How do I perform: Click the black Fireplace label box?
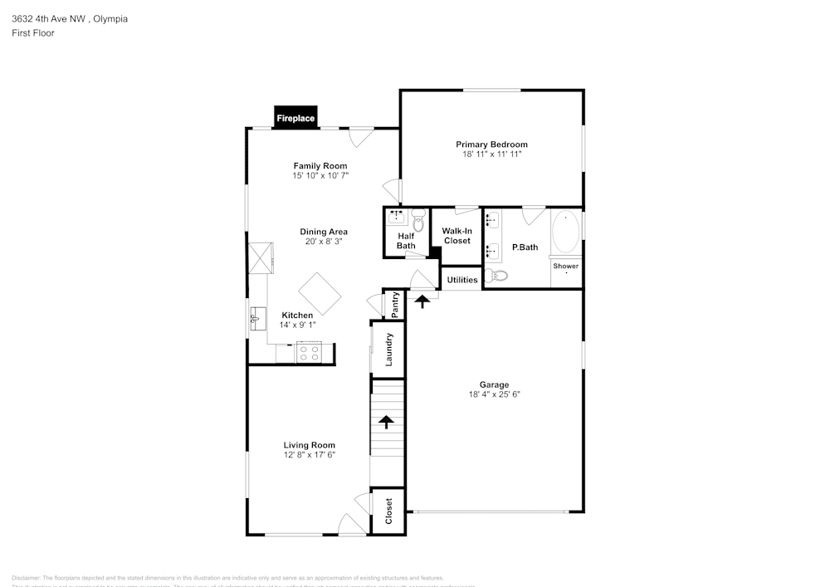click(x=295, y=119)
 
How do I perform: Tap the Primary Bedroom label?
click(x=491, y=144)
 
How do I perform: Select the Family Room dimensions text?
click(x=320, y=176)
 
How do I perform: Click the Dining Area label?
click(x=324, y=232)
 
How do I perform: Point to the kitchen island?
click(x=320, y=295)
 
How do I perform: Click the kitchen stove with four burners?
click(x=310, y=354)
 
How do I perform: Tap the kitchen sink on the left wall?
click(x=256, y=316)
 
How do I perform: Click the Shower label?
click(x=566, y=266)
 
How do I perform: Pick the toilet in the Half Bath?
click(x=417, y=221)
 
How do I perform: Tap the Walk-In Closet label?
click(x=456, y=236)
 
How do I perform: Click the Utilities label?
click(x=462, y=280)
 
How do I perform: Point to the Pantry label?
click(x=395, y=304)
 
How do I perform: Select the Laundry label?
click(x=388, y=349)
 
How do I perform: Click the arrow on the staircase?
click(x=385, y=421)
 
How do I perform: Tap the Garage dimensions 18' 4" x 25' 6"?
click(x=494, y=394)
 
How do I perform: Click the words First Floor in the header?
click(x=33, y=33)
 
